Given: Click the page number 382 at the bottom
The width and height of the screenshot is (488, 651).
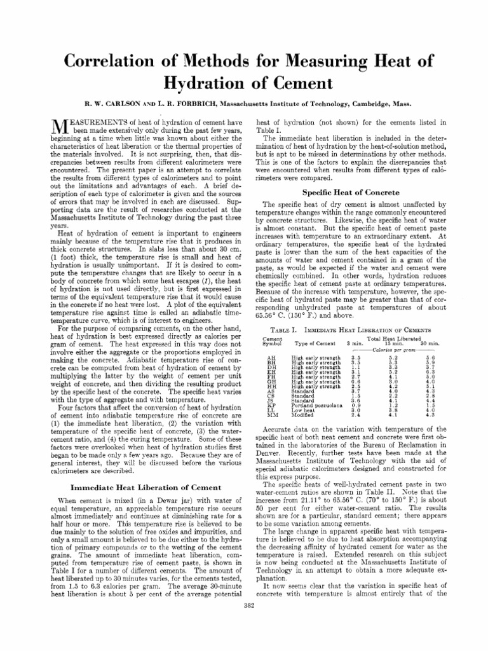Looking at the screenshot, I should click(x=249, y=605).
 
